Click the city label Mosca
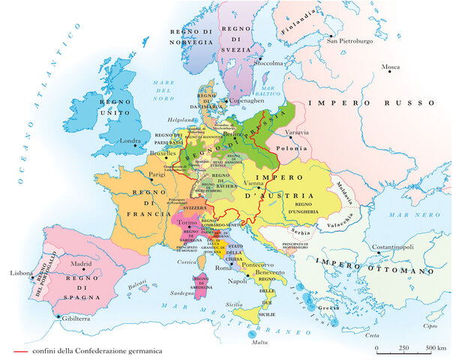coord(391,67)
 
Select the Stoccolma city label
coord(268,64)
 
